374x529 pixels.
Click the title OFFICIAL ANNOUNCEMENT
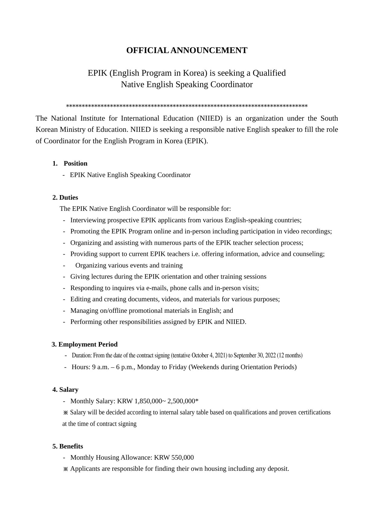(x=187, y=50)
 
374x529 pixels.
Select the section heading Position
(x=75, y=163)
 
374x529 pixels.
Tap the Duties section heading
(x=68, y=198)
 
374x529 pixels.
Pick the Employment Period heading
(x=88, y=344)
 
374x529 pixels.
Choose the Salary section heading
(x=69, y=390)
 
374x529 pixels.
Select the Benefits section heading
(x=71, y=446)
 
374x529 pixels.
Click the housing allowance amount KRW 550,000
(x=174, y=458)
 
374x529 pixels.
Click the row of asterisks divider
(x=187, y=106)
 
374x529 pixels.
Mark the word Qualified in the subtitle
(x=269, y=73)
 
